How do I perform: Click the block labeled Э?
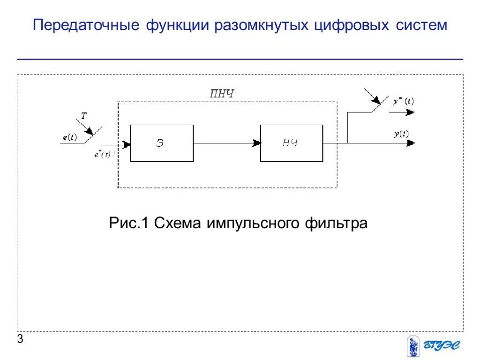tap(162, 143)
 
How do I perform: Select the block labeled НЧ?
tap(291, 143)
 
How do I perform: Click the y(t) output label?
tap(401, 134)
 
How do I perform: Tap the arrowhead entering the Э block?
tap(127, 143)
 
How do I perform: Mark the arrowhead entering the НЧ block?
tap(256, 143)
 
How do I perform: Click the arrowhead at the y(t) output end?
tap(411, 143)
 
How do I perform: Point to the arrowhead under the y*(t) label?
tap(410, 112)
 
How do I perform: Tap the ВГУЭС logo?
tap(434, 346)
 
